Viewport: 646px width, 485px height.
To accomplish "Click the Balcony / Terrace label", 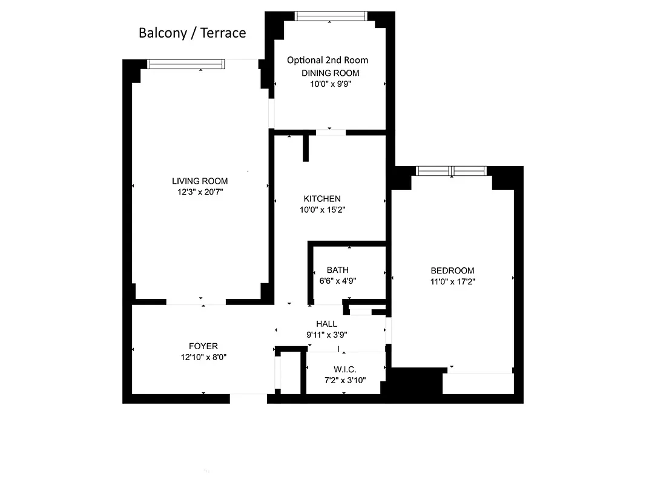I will point(192,33).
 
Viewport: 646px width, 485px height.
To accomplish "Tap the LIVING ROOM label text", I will point(200,181).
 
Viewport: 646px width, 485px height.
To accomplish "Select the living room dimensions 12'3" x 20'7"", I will point(200,192).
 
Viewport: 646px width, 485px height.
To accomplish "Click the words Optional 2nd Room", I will point(327,60).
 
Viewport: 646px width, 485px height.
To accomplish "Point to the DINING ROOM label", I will point(330,73).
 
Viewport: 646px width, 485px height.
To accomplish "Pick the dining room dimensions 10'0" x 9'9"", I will point(330,84).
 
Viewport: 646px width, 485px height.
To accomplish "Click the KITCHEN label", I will point(322,198).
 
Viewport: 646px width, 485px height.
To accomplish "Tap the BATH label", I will point(337,270).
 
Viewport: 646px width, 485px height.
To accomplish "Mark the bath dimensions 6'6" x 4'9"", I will point(338,281).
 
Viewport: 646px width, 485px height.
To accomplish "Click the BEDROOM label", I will point(452,270).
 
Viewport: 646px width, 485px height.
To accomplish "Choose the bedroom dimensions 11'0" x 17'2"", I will point(452,281).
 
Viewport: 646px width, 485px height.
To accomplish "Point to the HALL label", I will point(326,324).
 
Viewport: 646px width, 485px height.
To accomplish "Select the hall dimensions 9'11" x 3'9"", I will point(327,334).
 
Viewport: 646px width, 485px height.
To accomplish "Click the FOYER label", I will point(203,346).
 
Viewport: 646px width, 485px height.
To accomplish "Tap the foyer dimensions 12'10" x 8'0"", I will point(203,357).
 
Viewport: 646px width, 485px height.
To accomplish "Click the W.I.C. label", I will point(344,369).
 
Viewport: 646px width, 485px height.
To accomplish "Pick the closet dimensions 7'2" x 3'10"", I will point(344,380).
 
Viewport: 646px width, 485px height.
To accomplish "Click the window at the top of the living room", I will point(186,64).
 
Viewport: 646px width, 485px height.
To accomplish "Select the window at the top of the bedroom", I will point(452,172).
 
